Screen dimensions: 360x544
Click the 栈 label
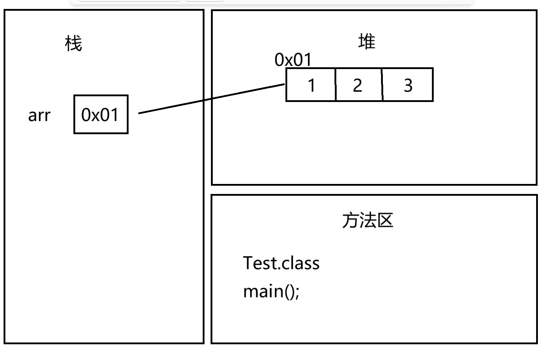pos(73,44)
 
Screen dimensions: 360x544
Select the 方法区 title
pos(367,220)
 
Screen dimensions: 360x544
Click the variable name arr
pos(39,115)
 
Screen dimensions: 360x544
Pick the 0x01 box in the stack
pos(101,115)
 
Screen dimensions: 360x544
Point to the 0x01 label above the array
pos(293,60)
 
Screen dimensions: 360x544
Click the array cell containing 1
pos(311,85)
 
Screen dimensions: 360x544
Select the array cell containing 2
pos(358,85)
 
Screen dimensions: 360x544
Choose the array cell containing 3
pos(408,85)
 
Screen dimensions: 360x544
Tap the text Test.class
pos(281,263)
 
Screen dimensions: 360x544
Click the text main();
pos(271,291)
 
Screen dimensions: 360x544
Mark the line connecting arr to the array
pos(211,98)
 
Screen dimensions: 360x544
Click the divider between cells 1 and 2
pos(336,85)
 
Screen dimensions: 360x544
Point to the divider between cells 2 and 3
pos(382,85)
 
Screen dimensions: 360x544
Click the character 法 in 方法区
pos(367,220)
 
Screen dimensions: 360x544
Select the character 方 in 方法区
pos(350,220)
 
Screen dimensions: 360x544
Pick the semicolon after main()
pos(297,292)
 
